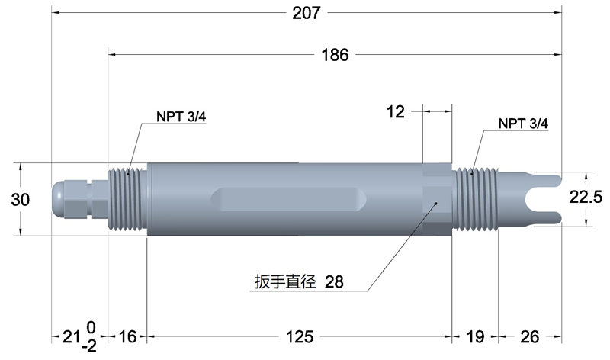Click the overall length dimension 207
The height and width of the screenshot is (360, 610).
point(307,13)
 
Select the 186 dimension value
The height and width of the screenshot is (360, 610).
point(335,55)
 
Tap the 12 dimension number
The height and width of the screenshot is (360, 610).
point(396,112)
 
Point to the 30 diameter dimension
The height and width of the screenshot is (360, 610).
point(21,200)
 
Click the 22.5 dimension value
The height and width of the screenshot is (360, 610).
point(586,197)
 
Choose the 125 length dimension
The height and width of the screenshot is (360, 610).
point(300,336)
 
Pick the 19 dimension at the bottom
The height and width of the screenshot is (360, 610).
point(475,336)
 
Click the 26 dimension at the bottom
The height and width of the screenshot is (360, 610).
point(529,336)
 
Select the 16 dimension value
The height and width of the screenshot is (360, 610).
point(127,336)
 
